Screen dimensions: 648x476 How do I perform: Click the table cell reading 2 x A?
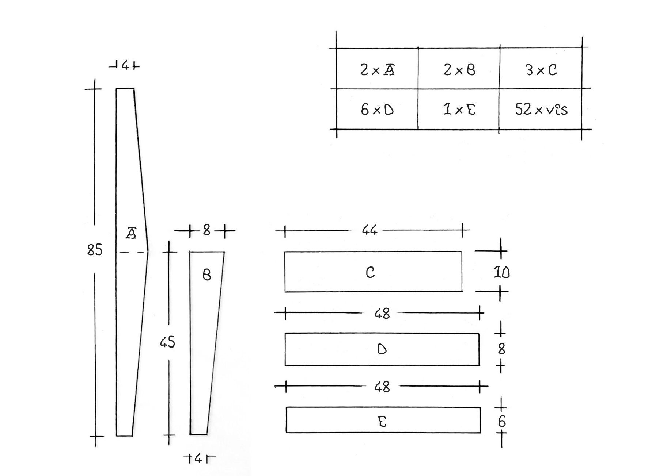pos(377,69)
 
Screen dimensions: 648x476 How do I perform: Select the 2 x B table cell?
pos(459,69)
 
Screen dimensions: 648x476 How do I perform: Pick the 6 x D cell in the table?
pos(377,109)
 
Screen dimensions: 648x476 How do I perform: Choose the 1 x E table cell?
pos(459,109)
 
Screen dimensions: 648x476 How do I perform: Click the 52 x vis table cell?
pos(541,109)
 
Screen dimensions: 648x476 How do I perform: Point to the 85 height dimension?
pos(95,250)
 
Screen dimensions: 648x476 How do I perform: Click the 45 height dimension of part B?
pos(167,342)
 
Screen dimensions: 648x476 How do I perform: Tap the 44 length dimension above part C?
pos(370,230)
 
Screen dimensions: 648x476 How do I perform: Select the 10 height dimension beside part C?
pos(501,272)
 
